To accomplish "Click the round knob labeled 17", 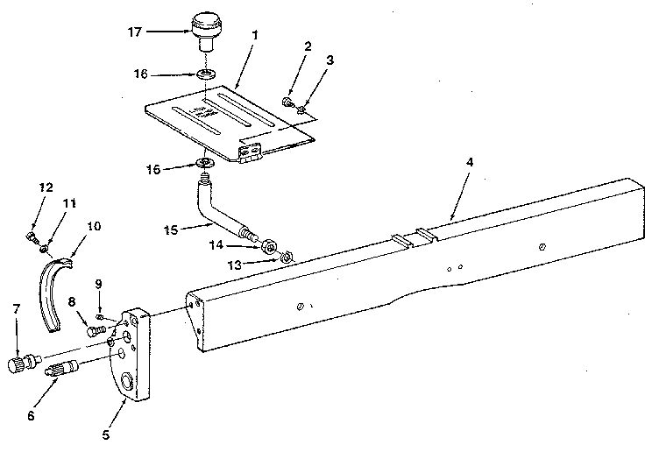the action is click(x=206, y=31).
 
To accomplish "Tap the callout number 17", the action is click(x=135, y=32).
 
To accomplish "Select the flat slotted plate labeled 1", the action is click(x=230, y=124).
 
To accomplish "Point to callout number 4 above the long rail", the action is click(x=470, y=162).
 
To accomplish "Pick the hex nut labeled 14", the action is click(x=267, y=246).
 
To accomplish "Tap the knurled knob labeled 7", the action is click(x=23, y=363).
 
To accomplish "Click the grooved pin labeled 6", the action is click(x=61, y=368).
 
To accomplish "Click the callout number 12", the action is click(x=46, y=187).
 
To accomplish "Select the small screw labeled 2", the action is click(x=287, y=102).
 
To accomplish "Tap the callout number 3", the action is click(x=329, y=60).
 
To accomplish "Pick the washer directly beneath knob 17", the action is click(x=206, y=74).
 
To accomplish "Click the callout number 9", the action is click(x=98, y=284).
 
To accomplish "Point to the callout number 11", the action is click(x=69, y=204).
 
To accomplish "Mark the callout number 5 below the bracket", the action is click(x=105, y=434).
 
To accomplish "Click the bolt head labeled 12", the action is click(x=31, y=236).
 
